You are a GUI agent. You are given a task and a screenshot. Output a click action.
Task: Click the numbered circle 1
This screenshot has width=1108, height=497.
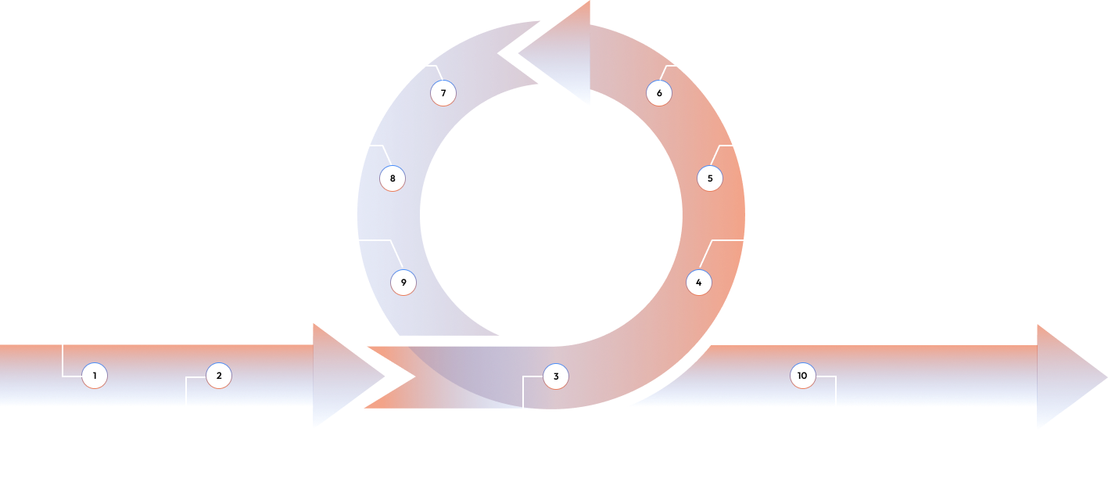95,376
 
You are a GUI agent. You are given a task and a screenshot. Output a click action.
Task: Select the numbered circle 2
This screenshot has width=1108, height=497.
219,376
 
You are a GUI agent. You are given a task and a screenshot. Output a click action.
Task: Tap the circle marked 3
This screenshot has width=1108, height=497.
556,376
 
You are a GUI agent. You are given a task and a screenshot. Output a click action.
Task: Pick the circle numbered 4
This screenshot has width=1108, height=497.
699,283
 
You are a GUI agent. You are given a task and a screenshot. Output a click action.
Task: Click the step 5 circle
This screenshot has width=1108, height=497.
710,178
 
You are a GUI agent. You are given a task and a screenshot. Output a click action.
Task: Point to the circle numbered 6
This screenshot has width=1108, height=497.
659,93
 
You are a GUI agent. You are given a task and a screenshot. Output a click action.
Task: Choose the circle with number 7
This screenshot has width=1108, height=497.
443,93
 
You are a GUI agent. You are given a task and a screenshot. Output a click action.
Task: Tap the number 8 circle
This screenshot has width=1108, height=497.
393,178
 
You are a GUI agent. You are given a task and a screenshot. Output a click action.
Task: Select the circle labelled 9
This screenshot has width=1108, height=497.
403,283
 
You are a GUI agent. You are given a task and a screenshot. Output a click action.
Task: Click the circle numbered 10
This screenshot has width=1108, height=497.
802,376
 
